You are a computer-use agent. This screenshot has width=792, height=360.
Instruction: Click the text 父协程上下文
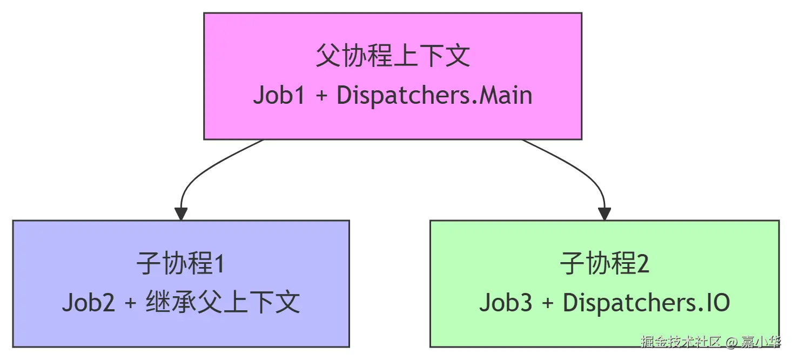392,56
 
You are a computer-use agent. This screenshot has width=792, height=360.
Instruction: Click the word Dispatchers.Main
434,95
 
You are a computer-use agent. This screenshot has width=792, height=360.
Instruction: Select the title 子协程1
180,263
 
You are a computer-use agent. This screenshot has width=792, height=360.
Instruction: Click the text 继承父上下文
223,302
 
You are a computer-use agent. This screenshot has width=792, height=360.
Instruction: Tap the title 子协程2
604,263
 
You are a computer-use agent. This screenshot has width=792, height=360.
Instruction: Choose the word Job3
506,303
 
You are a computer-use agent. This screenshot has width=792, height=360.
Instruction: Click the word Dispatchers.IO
646,303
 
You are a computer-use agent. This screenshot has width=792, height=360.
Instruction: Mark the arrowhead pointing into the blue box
181,214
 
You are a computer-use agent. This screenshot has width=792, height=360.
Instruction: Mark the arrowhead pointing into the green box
604,214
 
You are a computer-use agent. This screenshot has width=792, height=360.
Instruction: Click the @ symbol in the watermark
731,342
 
